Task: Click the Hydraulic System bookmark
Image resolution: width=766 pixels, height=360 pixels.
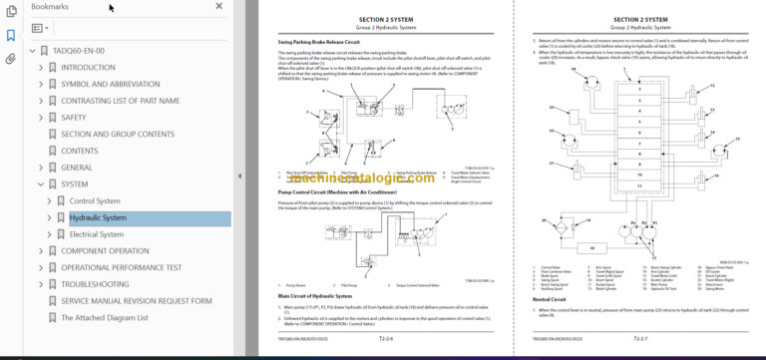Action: point(98,217)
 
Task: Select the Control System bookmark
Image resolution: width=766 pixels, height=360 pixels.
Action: point(95,200)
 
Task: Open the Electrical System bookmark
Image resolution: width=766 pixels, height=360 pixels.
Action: point(97,234)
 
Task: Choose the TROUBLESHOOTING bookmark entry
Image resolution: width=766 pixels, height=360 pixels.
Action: point(95,284)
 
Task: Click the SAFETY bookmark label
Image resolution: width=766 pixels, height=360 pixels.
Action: point(74,117)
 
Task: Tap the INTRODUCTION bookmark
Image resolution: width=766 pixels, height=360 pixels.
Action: point(88,67)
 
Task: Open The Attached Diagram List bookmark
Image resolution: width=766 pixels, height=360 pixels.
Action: point(105,318)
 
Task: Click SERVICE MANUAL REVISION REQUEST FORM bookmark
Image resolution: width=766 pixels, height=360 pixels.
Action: point(136,301)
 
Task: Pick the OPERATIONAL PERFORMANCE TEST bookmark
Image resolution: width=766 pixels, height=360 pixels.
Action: point(121,267)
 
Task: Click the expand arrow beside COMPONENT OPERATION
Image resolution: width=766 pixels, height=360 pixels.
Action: point(40,251)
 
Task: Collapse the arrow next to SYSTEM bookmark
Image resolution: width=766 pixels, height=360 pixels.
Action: point(40,184)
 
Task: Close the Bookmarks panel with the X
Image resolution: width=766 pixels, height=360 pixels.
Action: point(219,7)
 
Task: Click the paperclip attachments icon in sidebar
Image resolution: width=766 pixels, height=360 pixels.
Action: point(10,58)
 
